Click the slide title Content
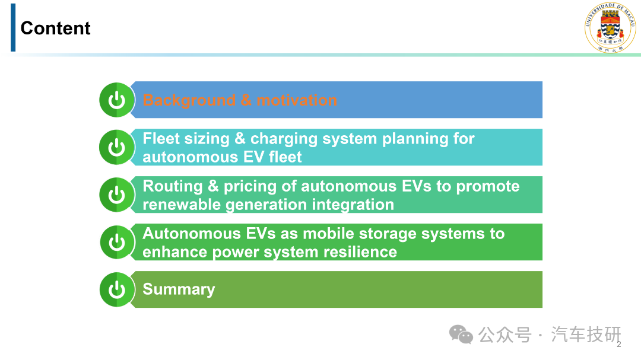(56, 28)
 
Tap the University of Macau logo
(610, 27)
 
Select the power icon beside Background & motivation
(117, 100)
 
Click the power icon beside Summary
(117, 289)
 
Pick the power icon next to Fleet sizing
(117, 147)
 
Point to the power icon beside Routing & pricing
(117, 195)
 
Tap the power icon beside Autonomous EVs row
(117, 242)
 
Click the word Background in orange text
(189, 100)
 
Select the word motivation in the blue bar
(297, 100)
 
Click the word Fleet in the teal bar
(161, 139)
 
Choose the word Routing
(173, 187)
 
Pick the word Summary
(179, 289)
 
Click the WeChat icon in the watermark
(461, 334)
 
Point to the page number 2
(619, 345)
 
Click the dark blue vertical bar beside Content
(13, 27)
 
